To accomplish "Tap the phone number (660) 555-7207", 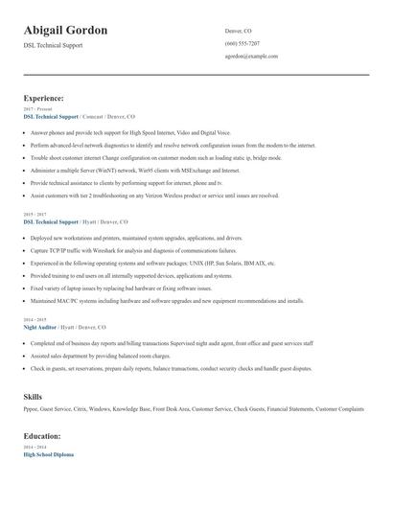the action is [x=242, y=43].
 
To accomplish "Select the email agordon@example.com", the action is [x=251, y=56].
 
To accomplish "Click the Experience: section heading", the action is [x=43, y=98].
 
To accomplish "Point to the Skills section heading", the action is [x=33, y=396].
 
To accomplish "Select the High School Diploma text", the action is [x=48, y=454].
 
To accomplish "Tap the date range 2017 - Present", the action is [x=35, y=109].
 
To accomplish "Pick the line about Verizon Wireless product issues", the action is [x=154, y=195].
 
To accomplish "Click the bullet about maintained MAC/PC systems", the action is [x=167, y=300].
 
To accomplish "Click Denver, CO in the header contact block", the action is [x=239, y=31].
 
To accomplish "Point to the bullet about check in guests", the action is [x=157, y=368].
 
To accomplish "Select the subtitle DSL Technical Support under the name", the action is [x=55, y=45].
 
